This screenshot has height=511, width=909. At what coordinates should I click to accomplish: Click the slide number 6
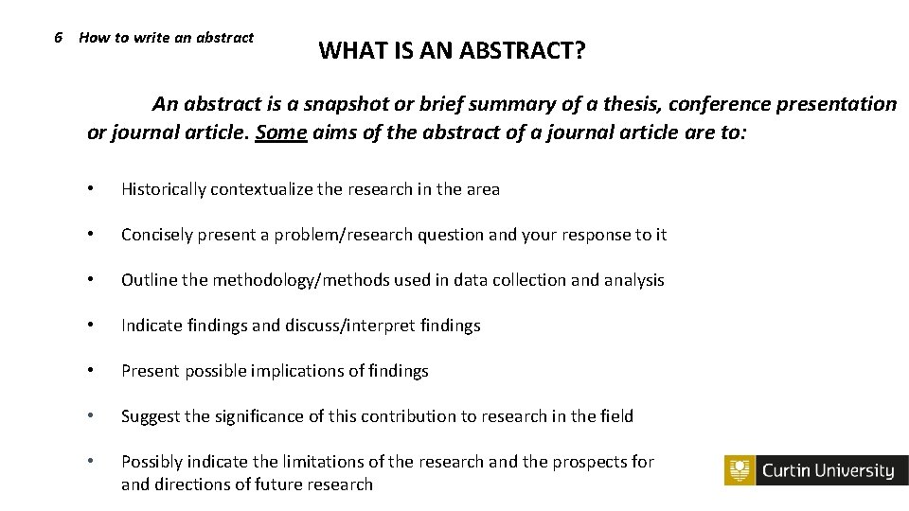point(59,38)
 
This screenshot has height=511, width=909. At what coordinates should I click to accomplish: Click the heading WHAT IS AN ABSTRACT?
point(452,50)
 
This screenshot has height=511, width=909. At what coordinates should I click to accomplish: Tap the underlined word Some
point(280,132)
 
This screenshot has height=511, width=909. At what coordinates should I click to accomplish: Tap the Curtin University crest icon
point(740,470)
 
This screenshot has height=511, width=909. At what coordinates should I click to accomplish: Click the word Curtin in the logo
point(786,470)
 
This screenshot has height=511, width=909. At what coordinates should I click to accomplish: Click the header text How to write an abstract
point(167,38)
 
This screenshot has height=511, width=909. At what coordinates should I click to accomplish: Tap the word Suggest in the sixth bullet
point(151,416)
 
